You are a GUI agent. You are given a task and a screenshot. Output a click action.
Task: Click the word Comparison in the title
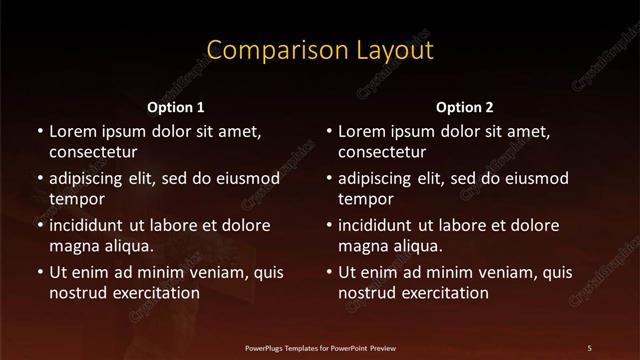(263, 50)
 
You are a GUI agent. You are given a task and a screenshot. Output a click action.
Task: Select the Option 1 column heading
(176, 106)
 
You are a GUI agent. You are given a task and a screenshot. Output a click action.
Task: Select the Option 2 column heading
(465, 106)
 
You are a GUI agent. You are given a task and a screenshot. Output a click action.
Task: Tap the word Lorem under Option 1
(73, 131)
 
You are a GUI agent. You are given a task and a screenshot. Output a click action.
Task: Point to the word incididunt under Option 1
(93, 225)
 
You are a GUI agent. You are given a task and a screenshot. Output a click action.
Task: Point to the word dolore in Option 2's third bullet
(535, 225)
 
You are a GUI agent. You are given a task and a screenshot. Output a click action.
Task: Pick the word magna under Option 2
(363, 245)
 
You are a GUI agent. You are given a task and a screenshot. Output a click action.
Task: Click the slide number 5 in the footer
(589, 348)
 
